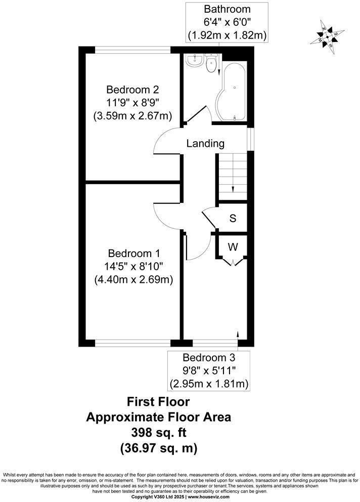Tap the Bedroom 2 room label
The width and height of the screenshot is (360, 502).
(132, 90)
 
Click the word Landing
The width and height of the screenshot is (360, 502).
(205, 143)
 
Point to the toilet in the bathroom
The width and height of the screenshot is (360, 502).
(212, 63)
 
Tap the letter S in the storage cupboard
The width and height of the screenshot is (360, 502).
(233, 219)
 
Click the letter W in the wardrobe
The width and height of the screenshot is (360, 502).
(232, 247)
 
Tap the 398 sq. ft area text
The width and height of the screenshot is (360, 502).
(158, 433)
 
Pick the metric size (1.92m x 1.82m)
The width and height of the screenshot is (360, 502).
(227, 35)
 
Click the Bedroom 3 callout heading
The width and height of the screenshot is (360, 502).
(208, 358)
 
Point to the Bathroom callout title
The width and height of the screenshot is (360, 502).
(227, 9)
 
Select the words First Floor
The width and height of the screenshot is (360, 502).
(158, 402)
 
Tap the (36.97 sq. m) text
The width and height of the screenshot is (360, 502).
(158, 448)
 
